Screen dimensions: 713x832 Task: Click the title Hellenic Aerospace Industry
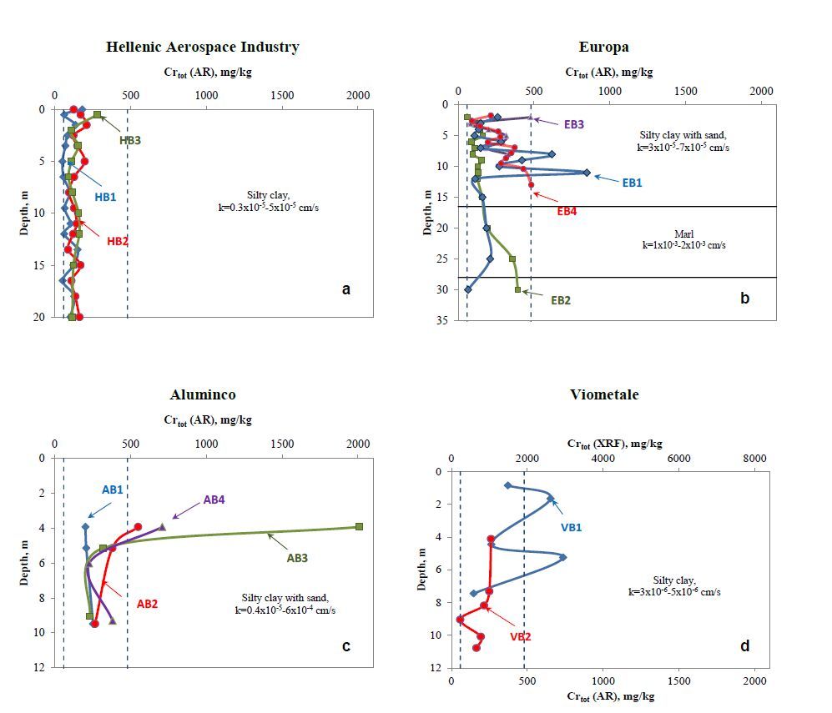click(202, 47)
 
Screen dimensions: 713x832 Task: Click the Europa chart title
click(603, 47)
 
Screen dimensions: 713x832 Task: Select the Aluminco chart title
click(203, 394)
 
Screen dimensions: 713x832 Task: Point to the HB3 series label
click(129, 140)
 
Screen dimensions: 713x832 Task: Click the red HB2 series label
click(118, 241)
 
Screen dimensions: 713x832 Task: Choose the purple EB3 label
click(573, 124)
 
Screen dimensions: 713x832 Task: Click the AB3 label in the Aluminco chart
click(297, 558)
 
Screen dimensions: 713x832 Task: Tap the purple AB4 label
click(214, 501)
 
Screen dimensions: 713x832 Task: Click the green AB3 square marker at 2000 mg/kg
click(359, 526)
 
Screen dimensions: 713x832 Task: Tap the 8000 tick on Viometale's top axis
click(754, 458)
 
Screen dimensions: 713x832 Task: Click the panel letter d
click(745, 645)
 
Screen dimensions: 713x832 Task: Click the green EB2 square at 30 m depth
click(517, 289)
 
